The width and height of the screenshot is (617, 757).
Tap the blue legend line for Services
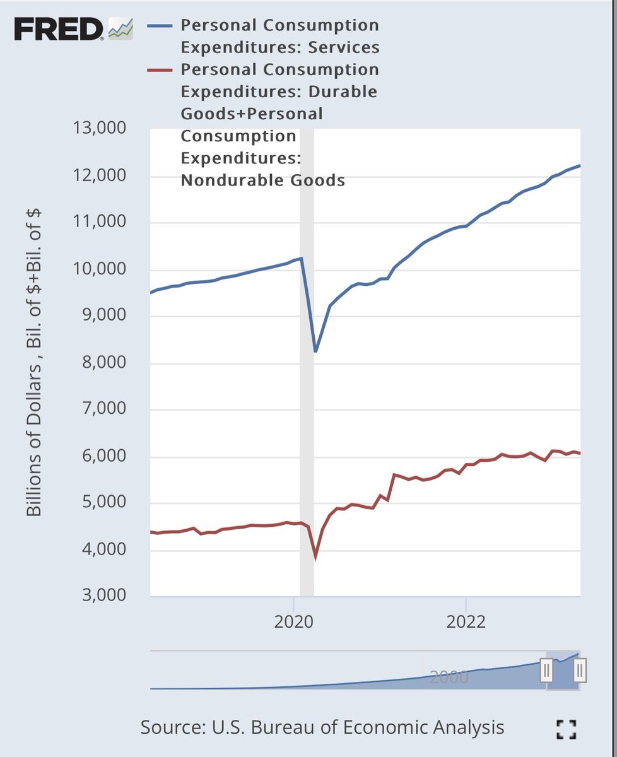pyautogui.click(x=159, y=26)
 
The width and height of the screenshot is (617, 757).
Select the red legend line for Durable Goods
pyautogui.click(x=159, y=70)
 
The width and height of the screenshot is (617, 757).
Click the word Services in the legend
pyautogui.click(x=344, y=47)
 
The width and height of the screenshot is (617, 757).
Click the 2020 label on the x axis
pyautogui.click(x=294, y=621)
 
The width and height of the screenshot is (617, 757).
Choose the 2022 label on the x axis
pyautogui.click(x=466, y=621)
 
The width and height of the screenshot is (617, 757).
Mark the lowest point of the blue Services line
pyautogui.click(x=315, y=351)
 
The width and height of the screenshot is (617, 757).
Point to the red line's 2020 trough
pyautogui.click(x=315, y=557)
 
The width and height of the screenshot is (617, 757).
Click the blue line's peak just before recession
pyautogui.click(x=302, y=258)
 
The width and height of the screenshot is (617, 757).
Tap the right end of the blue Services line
pyautogui.click(x=579, y=166)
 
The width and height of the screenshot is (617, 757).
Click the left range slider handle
pyautogui.click(x=546, y=670)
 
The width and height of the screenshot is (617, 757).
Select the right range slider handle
pyautogui.click(x=580, y=670)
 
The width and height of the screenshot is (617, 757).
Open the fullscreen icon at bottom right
pyautogui.click(x=566, y=729)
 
